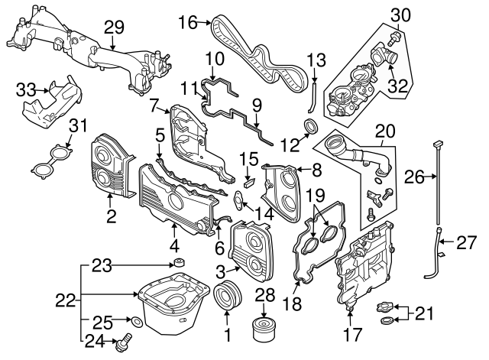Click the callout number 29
click(x=115, y=27)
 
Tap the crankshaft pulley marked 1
click(x=226, y=298)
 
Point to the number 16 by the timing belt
click(x=188, y=23)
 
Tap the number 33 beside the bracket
click(x=27, y=89)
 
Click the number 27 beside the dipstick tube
click(x=465, y=244)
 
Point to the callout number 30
click(x=400, y=14)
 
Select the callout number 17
click(x=351, y=333)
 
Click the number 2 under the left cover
click(x=111, y=217)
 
